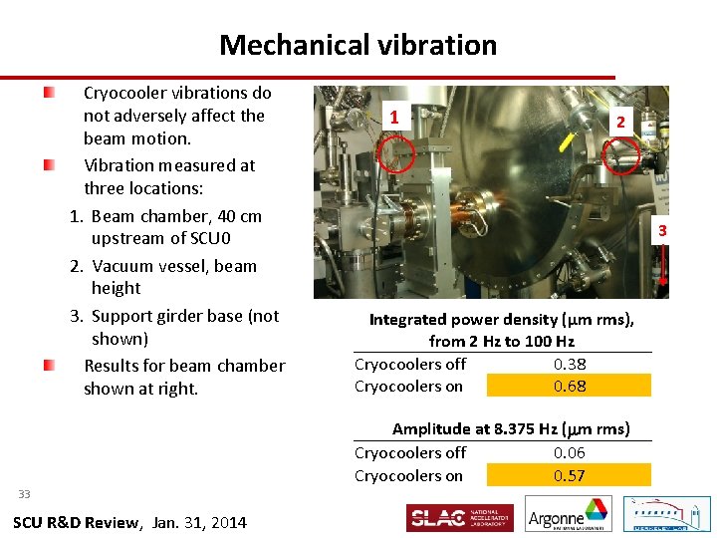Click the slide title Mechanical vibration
358,46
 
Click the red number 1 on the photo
395,118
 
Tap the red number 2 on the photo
620,122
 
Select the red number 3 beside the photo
660,232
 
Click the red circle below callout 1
398,154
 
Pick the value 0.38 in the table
570,364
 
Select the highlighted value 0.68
570,386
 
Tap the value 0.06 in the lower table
570,453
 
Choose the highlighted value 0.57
570,475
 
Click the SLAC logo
459,518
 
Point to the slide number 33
24,494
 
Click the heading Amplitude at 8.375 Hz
511,429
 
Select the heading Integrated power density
501,320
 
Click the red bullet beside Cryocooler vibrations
49,93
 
